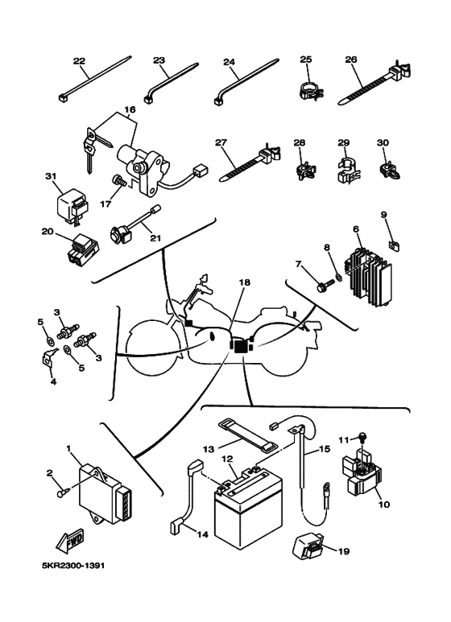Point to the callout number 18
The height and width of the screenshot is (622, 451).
245,283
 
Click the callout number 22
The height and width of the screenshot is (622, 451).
79,61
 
